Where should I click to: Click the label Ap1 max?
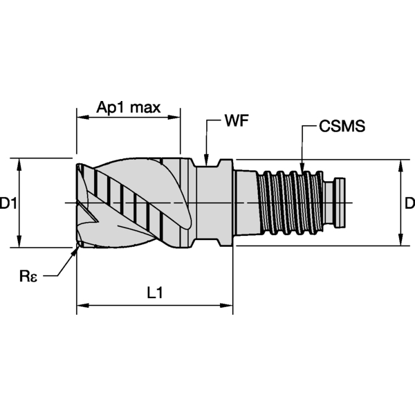[x=128, y=107]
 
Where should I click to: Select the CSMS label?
[x=342, y=127]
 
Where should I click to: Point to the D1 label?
[x=8, y=203]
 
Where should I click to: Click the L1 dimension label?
[x=155, y=293]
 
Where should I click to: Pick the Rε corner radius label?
[x=28, y=277]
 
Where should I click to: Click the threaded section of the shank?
[x=290, y=203]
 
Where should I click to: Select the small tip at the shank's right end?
[x=340, y=203]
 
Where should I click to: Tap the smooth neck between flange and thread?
[x=246, y=203]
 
